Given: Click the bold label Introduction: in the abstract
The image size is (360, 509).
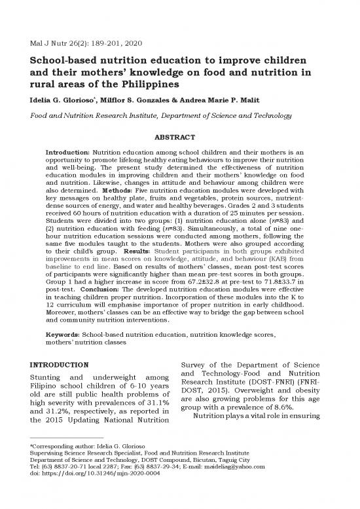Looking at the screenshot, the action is [67, 152].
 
